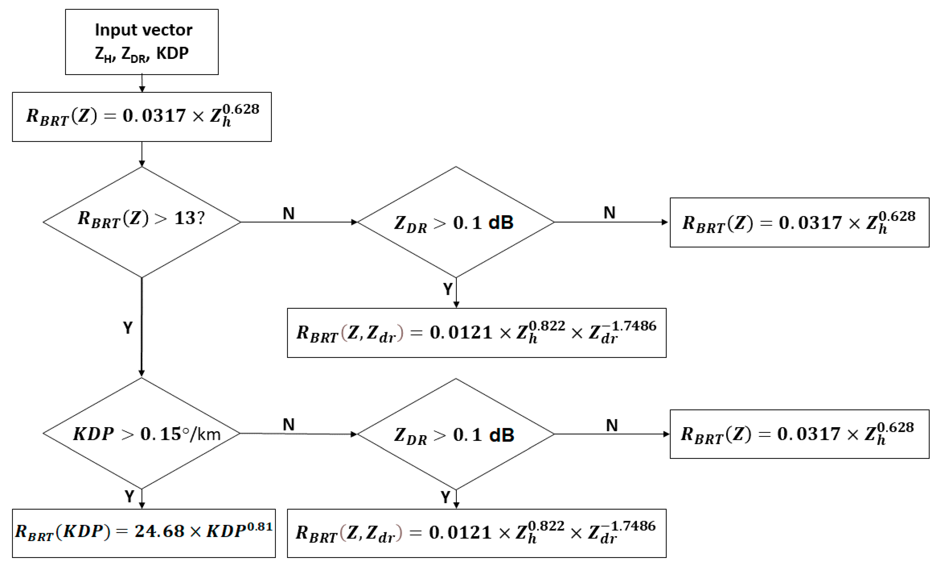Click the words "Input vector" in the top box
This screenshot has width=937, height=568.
click(143, 30)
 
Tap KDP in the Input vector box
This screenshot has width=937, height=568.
click(172, 53)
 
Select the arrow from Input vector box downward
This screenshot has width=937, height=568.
click(142, 83)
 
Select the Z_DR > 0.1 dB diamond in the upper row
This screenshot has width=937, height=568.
click(456, 222)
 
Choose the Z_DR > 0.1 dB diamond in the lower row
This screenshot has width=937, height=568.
click(456, 434)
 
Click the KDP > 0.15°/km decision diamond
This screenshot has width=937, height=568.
click(142, 433)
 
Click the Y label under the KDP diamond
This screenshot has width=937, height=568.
click(129, 496)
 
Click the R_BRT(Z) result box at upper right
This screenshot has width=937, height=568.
click(799, 222)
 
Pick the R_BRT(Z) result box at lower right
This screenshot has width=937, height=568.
click(799, 434)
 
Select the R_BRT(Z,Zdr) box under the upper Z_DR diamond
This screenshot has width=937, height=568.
click(477, 333)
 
